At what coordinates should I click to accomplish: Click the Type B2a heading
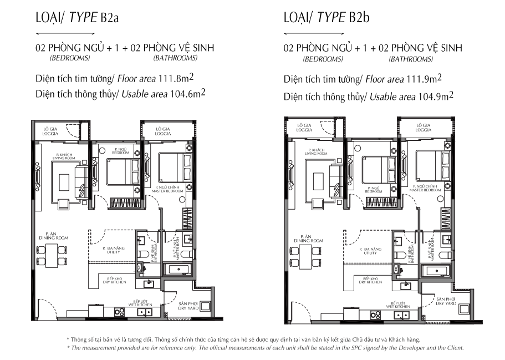[77, 17]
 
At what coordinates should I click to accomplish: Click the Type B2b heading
[327, 17]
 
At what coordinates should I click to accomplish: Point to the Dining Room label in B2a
[53, 236]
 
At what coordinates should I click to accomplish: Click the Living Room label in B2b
[316, 152]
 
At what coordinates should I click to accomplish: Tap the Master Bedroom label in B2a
[167, 189]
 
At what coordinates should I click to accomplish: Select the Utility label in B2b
[370, 251]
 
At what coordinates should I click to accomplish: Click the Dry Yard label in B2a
[188, 306]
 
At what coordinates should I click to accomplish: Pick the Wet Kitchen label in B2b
[398, 305]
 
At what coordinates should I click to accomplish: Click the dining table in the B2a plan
[52, 256]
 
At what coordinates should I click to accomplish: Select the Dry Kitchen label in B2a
[116, 280]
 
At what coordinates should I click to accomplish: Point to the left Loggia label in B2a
[50, 131]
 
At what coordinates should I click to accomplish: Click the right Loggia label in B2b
[423, 128]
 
